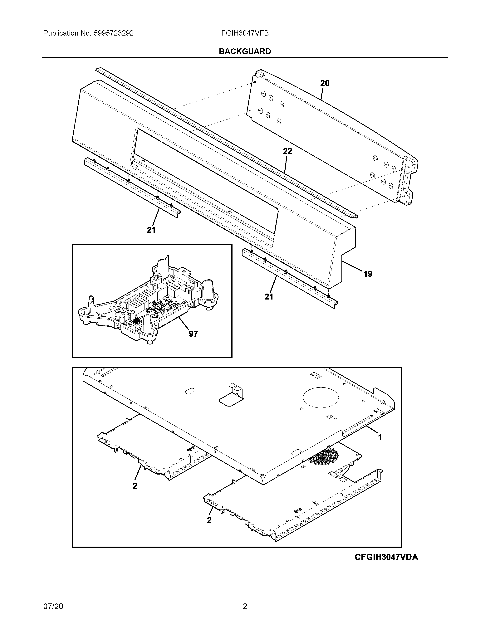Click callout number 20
click(x=325, y=83)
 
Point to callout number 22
click(x=287, y=151)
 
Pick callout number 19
click(x=367, y=274)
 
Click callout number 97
click(x=193, y=334)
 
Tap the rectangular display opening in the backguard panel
click(x=203, y=186)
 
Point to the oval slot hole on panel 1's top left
click(x=189, y=392)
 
